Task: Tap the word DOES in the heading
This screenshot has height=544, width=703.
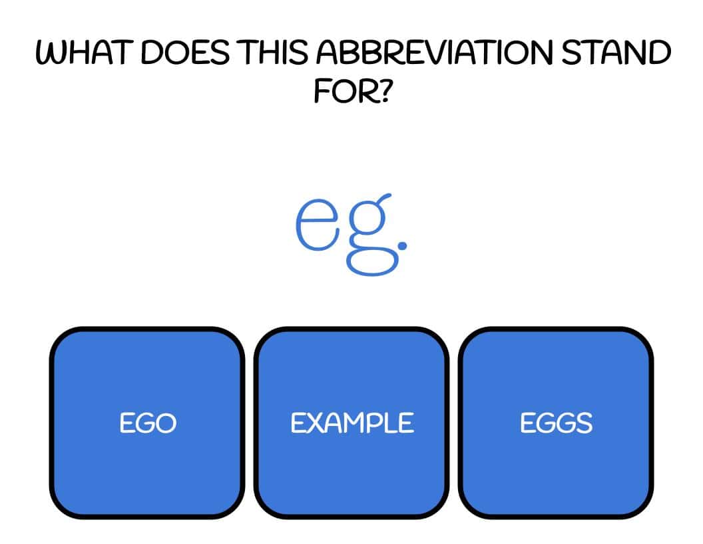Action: coord(185,52)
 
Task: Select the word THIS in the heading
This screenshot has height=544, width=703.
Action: coord(273,52)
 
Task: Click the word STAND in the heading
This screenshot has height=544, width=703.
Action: coord(616,52)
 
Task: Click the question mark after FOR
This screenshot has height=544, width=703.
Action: coord(380,91)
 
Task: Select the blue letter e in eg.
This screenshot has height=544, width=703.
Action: coord(317,224)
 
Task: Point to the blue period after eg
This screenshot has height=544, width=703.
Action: coord(402,245)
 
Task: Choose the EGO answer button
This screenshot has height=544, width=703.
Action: coord(147,423)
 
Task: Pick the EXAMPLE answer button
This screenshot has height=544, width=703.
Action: coord(351,423)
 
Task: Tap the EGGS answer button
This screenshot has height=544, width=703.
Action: coord(556,423)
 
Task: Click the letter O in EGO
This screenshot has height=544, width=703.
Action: coord(166,423)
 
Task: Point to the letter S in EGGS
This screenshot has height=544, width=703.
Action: coord(583,423)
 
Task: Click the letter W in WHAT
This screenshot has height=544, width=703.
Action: coord(51,53)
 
